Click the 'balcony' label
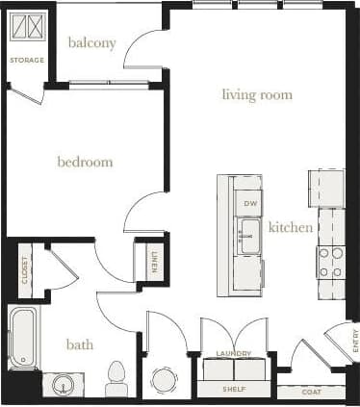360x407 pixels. tap(92, 43)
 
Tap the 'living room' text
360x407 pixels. tap(257, 94)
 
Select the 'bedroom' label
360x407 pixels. tap(85, 162)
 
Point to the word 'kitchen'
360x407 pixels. tap(290, 227)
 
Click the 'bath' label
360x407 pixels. tap(79, 343)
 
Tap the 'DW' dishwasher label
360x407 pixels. tap(249, 204)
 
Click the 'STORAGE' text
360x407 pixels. tap(27, 61)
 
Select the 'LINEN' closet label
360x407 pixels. tap(153, 261)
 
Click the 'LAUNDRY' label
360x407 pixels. tap(234, 354)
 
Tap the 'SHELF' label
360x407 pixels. tap(234, 390)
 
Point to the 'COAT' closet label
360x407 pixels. tap(311, 392)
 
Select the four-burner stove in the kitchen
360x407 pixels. tap(330, 262)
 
